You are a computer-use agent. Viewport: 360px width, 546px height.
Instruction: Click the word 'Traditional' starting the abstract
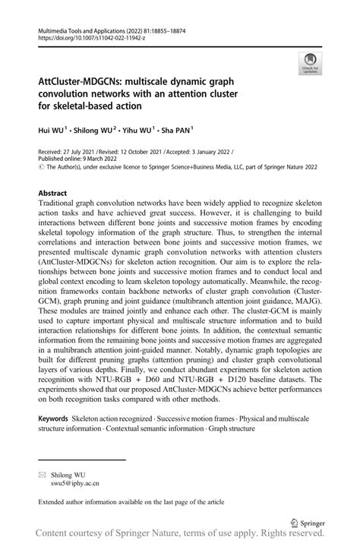point(63,204)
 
